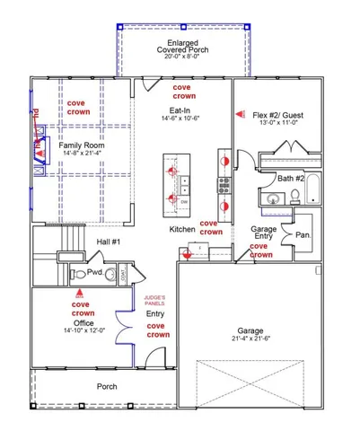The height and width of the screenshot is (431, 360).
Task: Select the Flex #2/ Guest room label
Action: pyautogui.click(x=281, y=115)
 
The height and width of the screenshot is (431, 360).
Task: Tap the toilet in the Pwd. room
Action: pyautogui.click(x=80, y=274)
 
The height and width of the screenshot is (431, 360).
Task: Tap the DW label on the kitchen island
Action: pyautogui.click(x=184, y=203)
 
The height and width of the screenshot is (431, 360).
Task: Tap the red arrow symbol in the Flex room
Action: pyautogui.click(x=239, y=114)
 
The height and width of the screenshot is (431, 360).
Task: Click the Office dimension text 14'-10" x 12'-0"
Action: pyautogui.click(x=83, y=331)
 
